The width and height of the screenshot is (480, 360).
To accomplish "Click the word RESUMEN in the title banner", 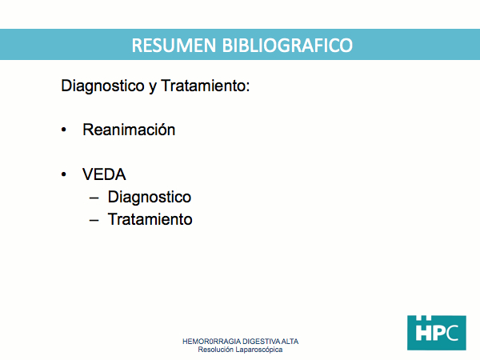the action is click(x=174, y=46).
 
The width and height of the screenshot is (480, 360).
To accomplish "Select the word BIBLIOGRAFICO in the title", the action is click(x=287, y=46).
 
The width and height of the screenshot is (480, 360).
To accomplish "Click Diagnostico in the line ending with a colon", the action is click(x=102, y=86).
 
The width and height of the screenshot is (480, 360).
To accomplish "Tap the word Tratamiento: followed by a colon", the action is click(x=206, y=86).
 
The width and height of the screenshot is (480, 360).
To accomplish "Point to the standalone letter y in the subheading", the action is click(x=153, y=87).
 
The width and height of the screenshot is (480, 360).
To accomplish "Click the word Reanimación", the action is click(x=129, y=130).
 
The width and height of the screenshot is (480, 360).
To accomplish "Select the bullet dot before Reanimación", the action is click(x=64, y=130).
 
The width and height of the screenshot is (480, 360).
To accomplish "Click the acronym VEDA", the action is click(x=104, y=174).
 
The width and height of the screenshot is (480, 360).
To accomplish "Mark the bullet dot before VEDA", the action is click(x=64, y=174).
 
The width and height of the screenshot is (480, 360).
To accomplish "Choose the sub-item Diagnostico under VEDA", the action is click(x=150, y=198).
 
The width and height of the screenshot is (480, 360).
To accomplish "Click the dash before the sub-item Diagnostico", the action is click(x=94, y=198).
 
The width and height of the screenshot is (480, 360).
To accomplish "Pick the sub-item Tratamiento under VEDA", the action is click(x=150, y=219).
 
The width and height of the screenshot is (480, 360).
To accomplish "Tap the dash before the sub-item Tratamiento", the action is click(x=94, y=221).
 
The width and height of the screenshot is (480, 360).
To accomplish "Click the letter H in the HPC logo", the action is click(x=423, y=330).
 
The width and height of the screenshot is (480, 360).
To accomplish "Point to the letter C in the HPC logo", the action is click(x=451, y=333).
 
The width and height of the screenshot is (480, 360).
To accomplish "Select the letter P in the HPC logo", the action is click(x=438, y=333).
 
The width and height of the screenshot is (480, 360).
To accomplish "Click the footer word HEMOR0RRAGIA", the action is click(x=211, y=342).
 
